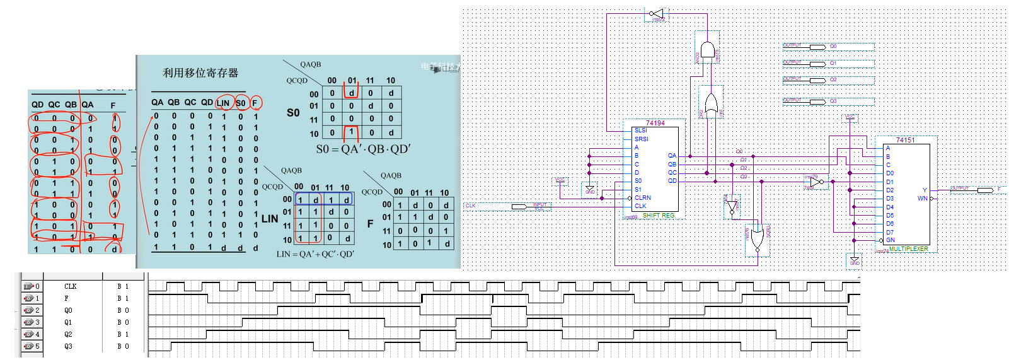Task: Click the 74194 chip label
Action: coord(655,123)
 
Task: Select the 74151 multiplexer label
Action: coord(905,140)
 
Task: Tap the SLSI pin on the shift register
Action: coord(640,131)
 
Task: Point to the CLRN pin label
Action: coord(643,197)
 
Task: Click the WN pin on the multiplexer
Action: coord(922,199)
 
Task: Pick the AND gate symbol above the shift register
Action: coord(708,50)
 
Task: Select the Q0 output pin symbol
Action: coord(817,47)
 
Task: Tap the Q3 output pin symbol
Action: coord(817,102)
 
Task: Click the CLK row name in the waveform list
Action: coord(70,286)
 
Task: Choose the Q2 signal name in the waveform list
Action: coord(68,334)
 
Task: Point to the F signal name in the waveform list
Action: coord(66,298)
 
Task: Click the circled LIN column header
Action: coord(223,103)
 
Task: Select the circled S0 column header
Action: coord(241,103)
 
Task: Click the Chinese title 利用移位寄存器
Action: coord(200,73)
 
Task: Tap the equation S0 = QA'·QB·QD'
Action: coord(363,149)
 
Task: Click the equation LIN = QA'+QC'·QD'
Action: coord(315,254)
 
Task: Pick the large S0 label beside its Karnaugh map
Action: coord(293,113)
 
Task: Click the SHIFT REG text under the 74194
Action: coord(658,216)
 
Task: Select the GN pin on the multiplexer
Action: coord(890,240)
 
